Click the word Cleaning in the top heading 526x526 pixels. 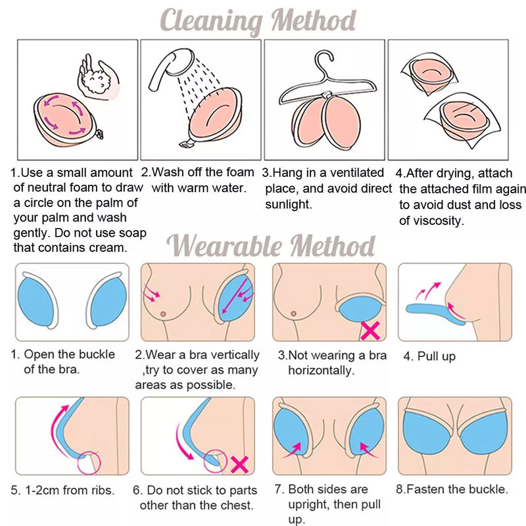click(211, 21)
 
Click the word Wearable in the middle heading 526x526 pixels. click(224, 245)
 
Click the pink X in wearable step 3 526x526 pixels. click(370, 331)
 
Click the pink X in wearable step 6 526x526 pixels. click(239, 464)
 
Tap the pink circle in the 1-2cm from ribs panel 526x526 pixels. click(89, 462)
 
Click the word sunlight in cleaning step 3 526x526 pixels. click(288, 204)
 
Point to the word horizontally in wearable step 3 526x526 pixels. click(321, 370)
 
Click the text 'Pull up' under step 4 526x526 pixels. click(436, 356)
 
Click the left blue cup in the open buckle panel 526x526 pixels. click(35, 303)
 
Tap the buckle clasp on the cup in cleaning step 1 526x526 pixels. click(100, 135)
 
